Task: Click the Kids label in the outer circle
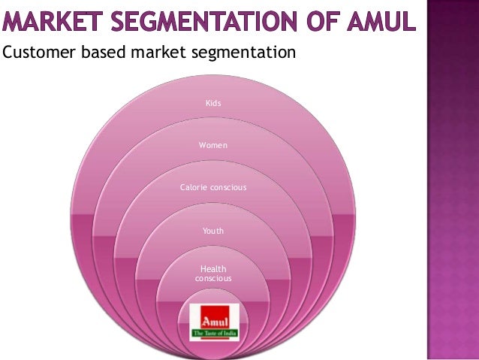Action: click(214, 103)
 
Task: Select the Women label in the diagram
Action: click(213, 144)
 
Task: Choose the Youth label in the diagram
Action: click(213, 231)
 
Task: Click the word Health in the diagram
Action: click(213, 269)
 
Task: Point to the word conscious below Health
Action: click(213, 279)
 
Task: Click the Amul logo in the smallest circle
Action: click(214, 322)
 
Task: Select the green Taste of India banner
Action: click(214, 333)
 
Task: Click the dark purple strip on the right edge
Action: click(453, 180)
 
